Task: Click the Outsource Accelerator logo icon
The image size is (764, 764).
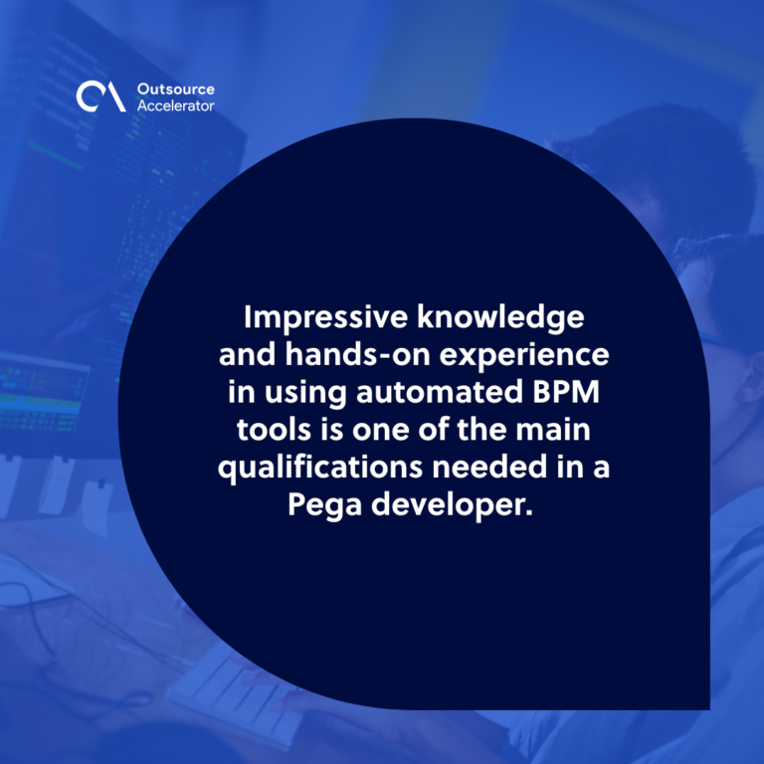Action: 100,96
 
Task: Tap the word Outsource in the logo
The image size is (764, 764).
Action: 176,90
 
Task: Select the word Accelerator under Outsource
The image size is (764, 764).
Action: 176,105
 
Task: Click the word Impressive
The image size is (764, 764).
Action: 325,317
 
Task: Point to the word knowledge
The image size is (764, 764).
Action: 501,317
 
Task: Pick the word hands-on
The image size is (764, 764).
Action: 358,354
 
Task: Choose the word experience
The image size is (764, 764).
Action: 524,356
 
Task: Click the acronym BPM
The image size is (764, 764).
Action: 566,392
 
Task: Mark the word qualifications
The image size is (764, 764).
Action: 320,468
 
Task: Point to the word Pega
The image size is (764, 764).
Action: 324,505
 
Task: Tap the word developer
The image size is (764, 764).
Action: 448,505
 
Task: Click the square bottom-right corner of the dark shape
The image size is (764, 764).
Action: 709,709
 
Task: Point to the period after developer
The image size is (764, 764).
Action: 528,513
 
